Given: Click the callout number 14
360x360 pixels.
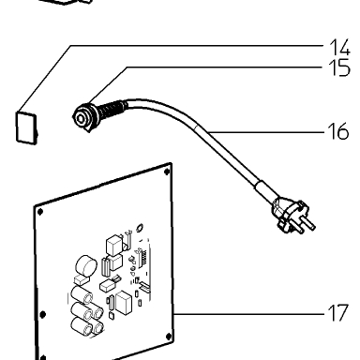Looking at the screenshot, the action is tap(339, 48).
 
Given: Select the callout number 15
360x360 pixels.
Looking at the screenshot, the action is tap(339, 67).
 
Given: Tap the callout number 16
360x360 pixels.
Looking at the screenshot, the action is tap(338, 131).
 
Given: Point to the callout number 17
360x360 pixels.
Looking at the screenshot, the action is tap(338, 313).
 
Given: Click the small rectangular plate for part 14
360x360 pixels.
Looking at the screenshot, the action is tap(27, 128).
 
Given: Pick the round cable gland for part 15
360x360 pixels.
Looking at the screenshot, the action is tap(83, 117).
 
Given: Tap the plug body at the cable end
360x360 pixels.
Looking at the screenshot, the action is tap(286, 213).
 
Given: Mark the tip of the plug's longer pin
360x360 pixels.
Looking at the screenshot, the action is tap(313, 227).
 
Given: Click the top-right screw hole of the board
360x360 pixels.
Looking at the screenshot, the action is tap(167, 172).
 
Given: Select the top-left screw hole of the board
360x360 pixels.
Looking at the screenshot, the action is tap(40, 212).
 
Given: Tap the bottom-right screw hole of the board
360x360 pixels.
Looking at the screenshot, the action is tap(169, 337).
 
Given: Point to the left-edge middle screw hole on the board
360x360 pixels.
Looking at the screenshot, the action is tap(43, 314).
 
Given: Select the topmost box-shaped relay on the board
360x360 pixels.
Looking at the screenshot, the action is tap(114, 246).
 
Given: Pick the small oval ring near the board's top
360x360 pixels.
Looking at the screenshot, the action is tap(140, 227).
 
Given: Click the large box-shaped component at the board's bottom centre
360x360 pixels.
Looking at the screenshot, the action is tap(124, 303).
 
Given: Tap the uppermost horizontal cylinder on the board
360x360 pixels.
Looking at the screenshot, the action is tap(82, 295).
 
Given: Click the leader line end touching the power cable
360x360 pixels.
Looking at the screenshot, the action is tap(210, 132).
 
